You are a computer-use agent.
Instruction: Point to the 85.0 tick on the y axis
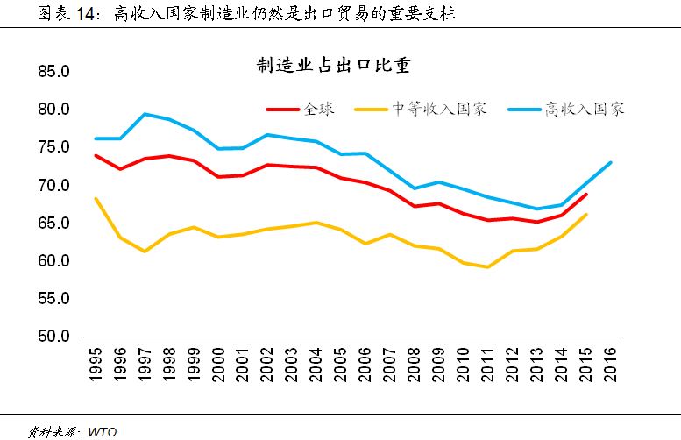point(53,72)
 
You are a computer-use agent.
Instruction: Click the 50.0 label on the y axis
point(53,337)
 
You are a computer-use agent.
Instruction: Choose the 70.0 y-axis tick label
point(53,186)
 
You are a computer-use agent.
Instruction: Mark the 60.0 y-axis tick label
point(53,261)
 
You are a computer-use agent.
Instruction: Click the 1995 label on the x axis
point(95,361)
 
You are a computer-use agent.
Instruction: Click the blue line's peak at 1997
point(144,114)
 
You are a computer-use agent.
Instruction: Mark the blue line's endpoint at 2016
point(611,162)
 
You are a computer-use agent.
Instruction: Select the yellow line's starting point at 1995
point(95,198)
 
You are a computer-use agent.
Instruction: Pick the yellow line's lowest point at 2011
point(487,266)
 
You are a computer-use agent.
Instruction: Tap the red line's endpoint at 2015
point(586,195)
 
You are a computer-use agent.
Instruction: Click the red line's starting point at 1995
point(95,155)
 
